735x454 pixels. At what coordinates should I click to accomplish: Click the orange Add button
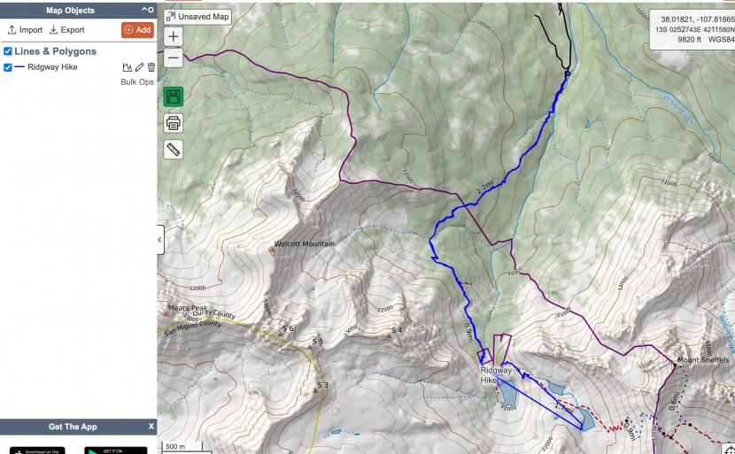tap(136, 30)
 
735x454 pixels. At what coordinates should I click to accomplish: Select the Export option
tap(66, 30)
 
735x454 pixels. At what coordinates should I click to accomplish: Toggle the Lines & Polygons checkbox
tap(8, 51)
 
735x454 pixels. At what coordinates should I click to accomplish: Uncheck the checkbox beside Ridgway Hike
tap(8, 67)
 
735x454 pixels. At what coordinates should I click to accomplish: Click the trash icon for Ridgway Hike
tap(151, 67)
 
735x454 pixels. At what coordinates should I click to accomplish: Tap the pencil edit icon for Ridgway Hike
tap(139, 67)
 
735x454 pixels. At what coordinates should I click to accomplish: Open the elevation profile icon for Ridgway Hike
tap(127, 67)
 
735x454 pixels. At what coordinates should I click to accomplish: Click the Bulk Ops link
tap(137, 82)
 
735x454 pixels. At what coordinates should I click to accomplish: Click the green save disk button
tap(173, 96)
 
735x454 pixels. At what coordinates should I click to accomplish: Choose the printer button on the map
tap(173, 122)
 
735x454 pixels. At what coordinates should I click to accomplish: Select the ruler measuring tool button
tap(173, 149)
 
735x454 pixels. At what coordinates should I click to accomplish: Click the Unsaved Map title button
tap(197, 17)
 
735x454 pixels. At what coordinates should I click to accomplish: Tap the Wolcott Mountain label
tap(305, 244)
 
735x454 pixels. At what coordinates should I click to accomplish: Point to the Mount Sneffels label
tap(702, 360)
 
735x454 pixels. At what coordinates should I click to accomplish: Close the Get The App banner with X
tap(151, 427)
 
